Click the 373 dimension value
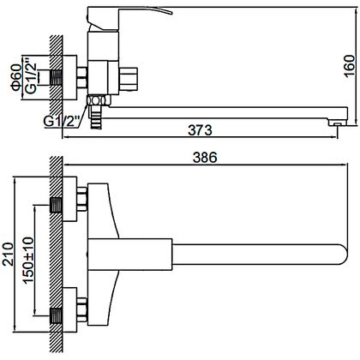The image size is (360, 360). (x=200, y=130)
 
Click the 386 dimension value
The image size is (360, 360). (x=205, y=158)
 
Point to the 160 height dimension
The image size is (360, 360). (x=349, y=66)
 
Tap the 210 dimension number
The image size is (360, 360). (x=8, y=255)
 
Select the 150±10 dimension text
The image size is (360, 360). (x=28, y=261)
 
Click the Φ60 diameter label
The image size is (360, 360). (x=16, y=78)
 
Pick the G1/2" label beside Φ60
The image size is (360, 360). (x=31, y=76)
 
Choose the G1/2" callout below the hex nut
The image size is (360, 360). (x=61, y=122)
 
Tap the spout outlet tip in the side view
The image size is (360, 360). (x=338, y=123)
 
